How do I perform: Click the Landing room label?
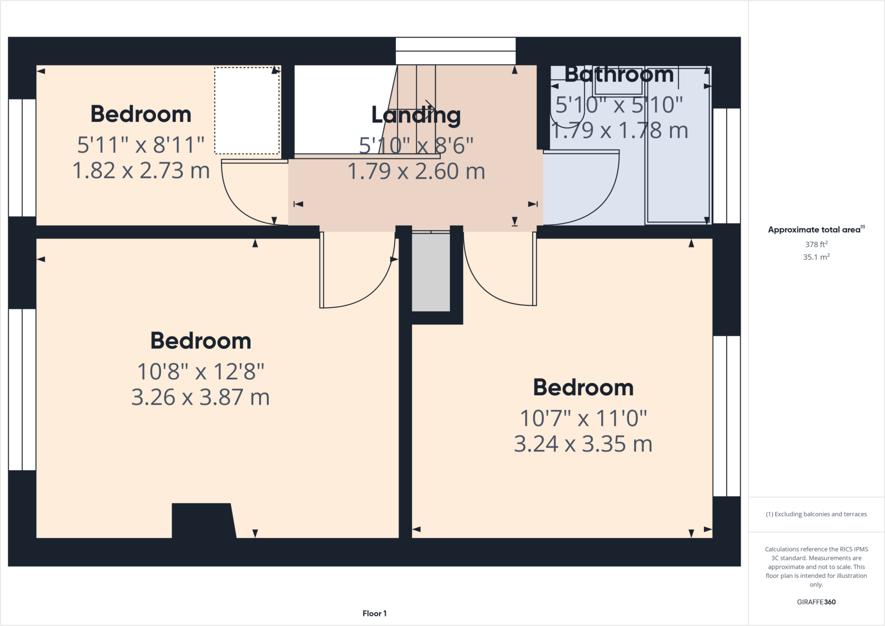click(x=416, y=115)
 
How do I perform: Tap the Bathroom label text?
click(x=619, y=75)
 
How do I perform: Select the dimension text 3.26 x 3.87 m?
click(x=201, y=397)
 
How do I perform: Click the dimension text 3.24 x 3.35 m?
click(x=583, y=444)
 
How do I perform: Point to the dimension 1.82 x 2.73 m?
click(x=141, y=171)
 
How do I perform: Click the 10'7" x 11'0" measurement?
click(x=583, y=418)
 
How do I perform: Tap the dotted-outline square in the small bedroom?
click(x=247, y=111)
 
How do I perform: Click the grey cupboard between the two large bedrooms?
click(x=431, y=272)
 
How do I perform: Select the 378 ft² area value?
click(x=816, y=245)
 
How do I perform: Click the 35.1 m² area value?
click(x=816, y=257)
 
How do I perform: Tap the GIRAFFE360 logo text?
click(x=816, y=602)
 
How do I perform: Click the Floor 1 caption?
click(x=374, y=613)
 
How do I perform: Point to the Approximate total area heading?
click(x=815, y=230)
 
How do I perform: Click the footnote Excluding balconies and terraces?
click(x=816, y=514)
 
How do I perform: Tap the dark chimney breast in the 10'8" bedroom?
click(x=202, y=521)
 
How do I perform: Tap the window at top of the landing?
click(x=455, y=51)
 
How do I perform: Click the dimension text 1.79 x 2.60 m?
click(x=416, y=172)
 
